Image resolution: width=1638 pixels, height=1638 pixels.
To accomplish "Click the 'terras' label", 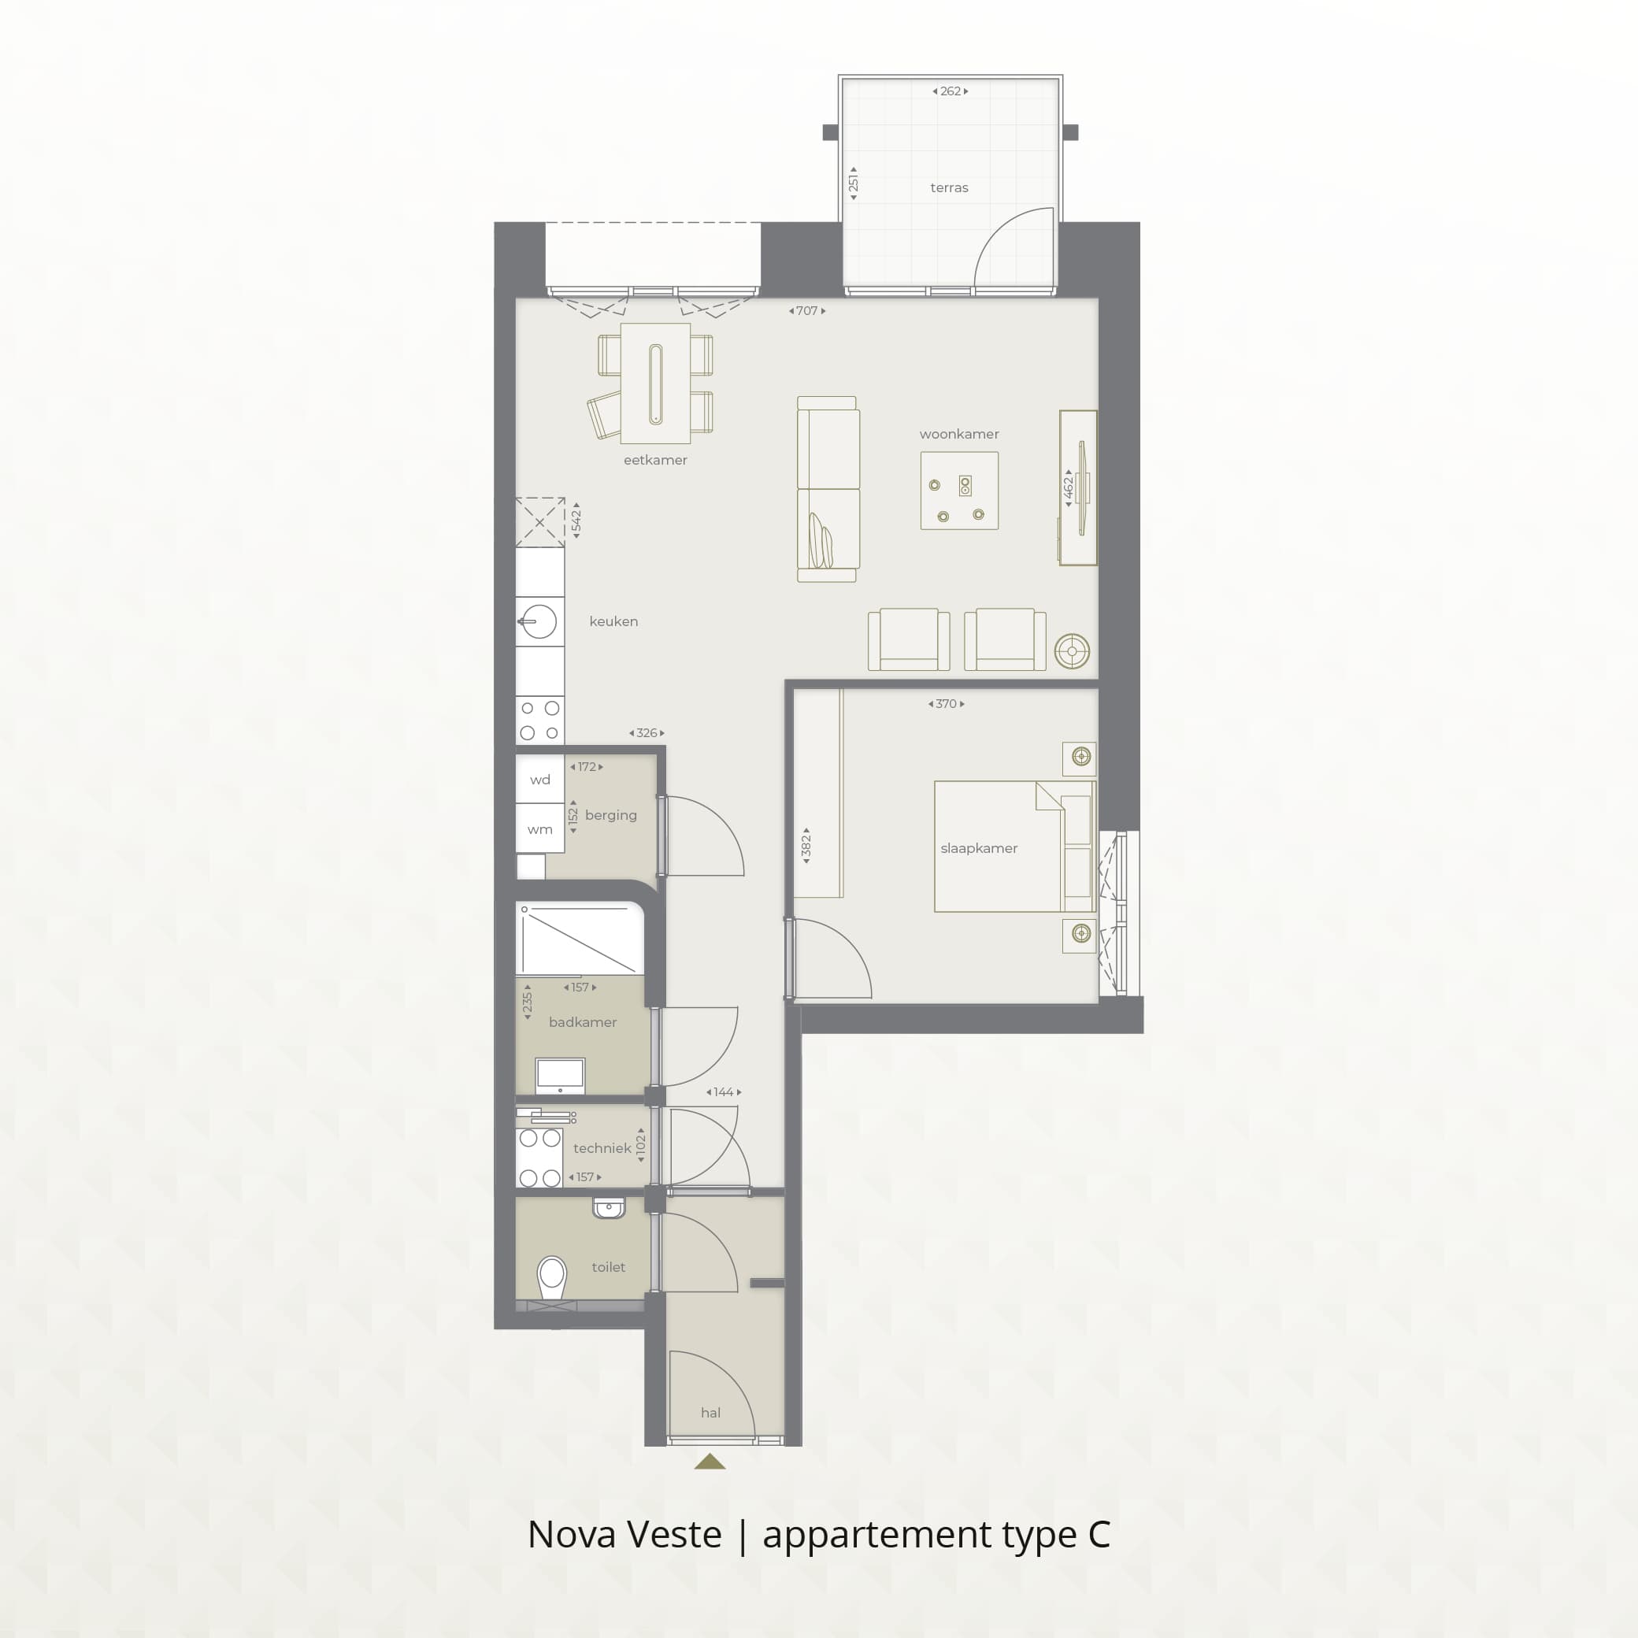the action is (x=949, y=187).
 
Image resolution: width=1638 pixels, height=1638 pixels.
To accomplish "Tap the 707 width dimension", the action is (x=807, y=311).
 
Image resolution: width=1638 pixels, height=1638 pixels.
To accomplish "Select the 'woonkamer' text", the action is (x=959, y=434).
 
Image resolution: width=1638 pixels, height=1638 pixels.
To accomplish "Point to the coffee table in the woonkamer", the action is (x=959, y=491).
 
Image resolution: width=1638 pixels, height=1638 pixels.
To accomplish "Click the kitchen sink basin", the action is (x=539, y=621).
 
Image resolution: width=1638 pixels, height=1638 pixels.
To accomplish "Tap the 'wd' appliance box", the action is (x=540, y=779).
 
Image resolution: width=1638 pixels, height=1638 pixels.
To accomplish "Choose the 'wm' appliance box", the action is (x=540, y=828).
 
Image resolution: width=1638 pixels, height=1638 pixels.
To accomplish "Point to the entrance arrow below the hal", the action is (x=710, y=1462).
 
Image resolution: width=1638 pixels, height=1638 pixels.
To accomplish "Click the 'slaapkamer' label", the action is (x=978, y=849).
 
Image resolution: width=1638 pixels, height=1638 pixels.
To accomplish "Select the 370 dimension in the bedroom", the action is (x=946, y=704).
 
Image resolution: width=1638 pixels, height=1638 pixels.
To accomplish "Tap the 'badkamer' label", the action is (x=583, y=1022).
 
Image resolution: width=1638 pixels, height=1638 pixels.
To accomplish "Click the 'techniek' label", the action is (x=602, y=1149).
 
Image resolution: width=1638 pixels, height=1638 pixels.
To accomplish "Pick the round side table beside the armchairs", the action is (x=1072, y=651).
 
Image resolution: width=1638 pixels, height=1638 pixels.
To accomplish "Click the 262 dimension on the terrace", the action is (x=951, y=91).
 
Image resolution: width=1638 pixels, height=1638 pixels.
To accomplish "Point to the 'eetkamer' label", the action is (x=655, y=461).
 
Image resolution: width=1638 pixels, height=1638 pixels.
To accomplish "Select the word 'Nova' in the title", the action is (x=569, y=1534).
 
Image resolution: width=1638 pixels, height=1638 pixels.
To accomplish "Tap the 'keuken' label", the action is (x=613, y=621).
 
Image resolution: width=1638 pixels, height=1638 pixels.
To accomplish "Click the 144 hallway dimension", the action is (x=723, y=1092).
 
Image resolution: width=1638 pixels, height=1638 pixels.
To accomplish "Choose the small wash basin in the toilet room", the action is (x=609, y=1207).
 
